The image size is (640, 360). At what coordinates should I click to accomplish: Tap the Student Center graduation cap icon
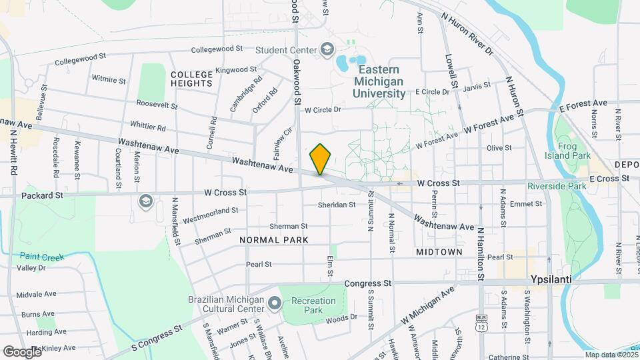(327, 49)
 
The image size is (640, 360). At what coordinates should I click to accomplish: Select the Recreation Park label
(313, 306)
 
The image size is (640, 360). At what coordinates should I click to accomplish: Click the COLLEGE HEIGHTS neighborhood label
(191, 79)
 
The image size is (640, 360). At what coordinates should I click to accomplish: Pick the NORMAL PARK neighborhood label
(273, 239)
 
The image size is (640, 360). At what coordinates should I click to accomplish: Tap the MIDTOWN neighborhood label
(439, 252)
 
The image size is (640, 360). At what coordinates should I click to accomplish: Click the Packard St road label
(41, 196)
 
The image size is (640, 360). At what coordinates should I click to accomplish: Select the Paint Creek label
(41, 256)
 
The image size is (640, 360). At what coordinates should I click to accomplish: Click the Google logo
(22, 351)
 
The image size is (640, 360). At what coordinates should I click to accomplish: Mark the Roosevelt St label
(157, 105)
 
